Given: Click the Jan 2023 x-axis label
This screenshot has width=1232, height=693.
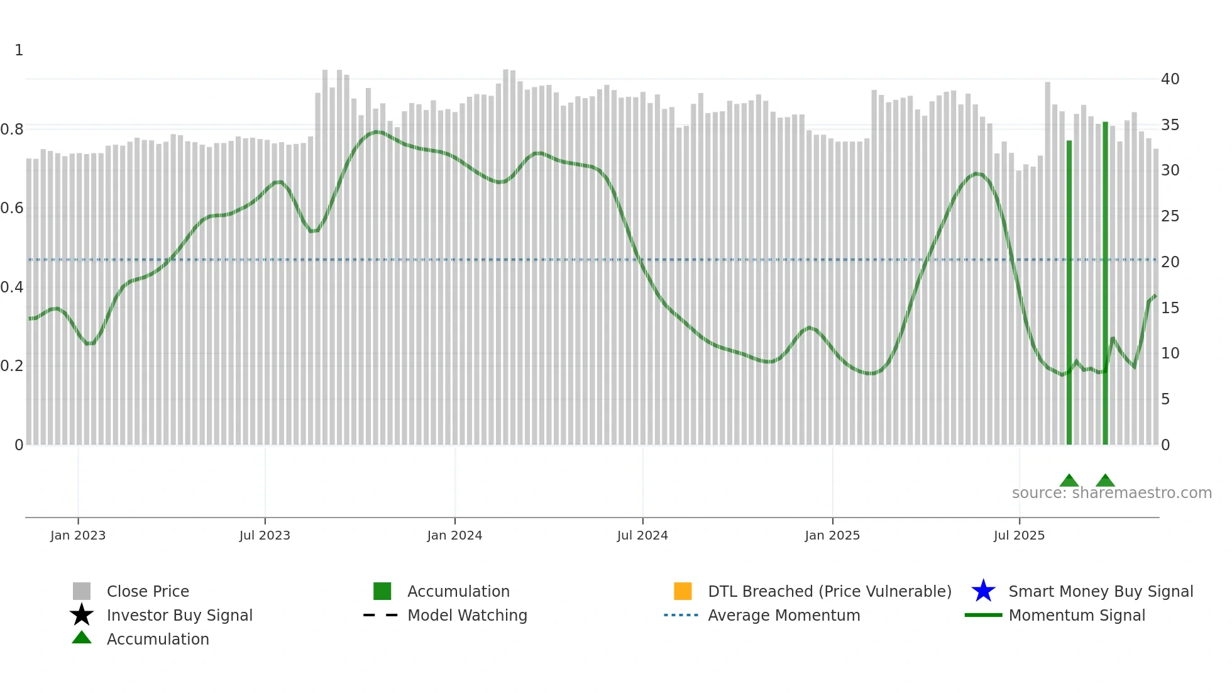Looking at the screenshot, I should point(78,536).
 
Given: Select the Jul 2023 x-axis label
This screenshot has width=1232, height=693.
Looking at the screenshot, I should point(265,536).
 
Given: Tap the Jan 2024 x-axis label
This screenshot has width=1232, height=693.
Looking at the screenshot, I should point(454,536).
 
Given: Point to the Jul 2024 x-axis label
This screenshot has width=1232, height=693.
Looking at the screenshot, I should point(642,536).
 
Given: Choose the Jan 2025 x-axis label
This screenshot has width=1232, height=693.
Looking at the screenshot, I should point(832,536).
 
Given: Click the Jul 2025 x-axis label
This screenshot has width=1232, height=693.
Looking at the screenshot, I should point(1019,536).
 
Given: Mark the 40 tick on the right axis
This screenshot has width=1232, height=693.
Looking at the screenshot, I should point(1170,79).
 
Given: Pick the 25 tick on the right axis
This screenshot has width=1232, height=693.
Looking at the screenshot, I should point(1170,216).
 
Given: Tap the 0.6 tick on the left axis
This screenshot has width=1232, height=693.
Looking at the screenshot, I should point(12,208).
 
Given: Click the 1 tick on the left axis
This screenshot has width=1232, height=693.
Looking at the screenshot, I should point(19,50).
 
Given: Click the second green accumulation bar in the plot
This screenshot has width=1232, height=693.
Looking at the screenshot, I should point(1105,283).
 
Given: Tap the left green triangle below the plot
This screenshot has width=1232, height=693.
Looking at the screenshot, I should point(1069,481).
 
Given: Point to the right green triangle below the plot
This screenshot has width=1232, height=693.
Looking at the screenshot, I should point(1105,481).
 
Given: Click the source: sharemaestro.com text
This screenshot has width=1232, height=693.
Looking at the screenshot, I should point(1111,493).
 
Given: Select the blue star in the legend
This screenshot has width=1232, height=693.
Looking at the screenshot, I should point(983,591).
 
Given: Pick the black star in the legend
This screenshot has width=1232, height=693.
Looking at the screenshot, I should point(82,615).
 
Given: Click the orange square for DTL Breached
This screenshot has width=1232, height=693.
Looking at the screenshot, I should point(683,591).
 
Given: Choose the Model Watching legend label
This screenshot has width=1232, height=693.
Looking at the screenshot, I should point(467,616).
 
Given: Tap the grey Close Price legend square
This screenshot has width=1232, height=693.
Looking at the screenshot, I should point(82,591).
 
